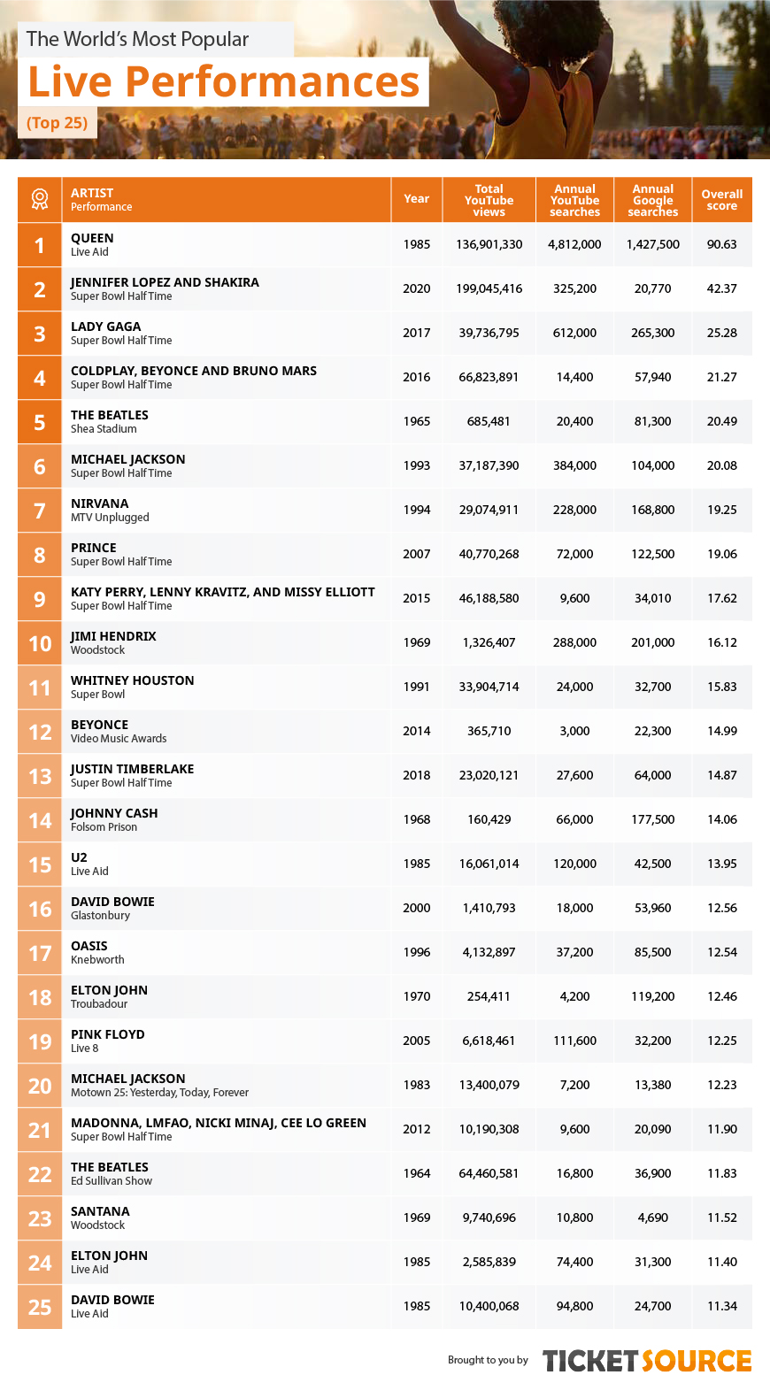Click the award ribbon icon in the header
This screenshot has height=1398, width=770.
point(39,200)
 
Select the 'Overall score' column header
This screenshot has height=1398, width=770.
point(721,200)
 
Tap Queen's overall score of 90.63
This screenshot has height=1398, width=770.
point(721,244)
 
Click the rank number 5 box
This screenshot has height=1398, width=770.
point(39,422)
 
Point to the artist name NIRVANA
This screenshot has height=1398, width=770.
point(99,503)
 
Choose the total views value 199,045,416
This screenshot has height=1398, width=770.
point(489,289)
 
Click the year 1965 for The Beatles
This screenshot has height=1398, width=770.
point(417,421)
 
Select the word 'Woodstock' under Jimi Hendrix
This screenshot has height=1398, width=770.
point(97,649)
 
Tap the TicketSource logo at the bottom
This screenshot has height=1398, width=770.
point(646,1361)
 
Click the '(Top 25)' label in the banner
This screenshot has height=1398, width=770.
point(57,122)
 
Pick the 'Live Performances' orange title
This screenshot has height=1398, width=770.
point(224,81)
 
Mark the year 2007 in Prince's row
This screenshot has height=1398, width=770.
point(417,554)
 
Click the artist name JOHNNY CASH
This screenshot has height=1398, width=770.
point(114,812)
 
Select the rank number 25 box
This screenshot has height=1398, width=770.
point(39,1307)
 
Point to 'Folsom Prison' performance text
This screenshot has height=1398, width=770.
point(104,827)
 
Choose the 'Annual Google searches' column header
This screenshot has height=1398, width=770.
point(652,200)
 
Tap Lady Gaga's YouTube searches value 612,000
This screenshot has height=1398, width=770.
point(574,334)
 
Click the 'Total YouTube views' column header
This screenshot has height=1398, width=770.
point(489,200)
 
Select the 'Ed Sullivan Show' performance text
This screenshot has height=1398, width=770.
point(112,1181)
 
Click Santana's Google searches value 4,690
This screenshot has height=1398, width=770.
point(652,1217)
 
